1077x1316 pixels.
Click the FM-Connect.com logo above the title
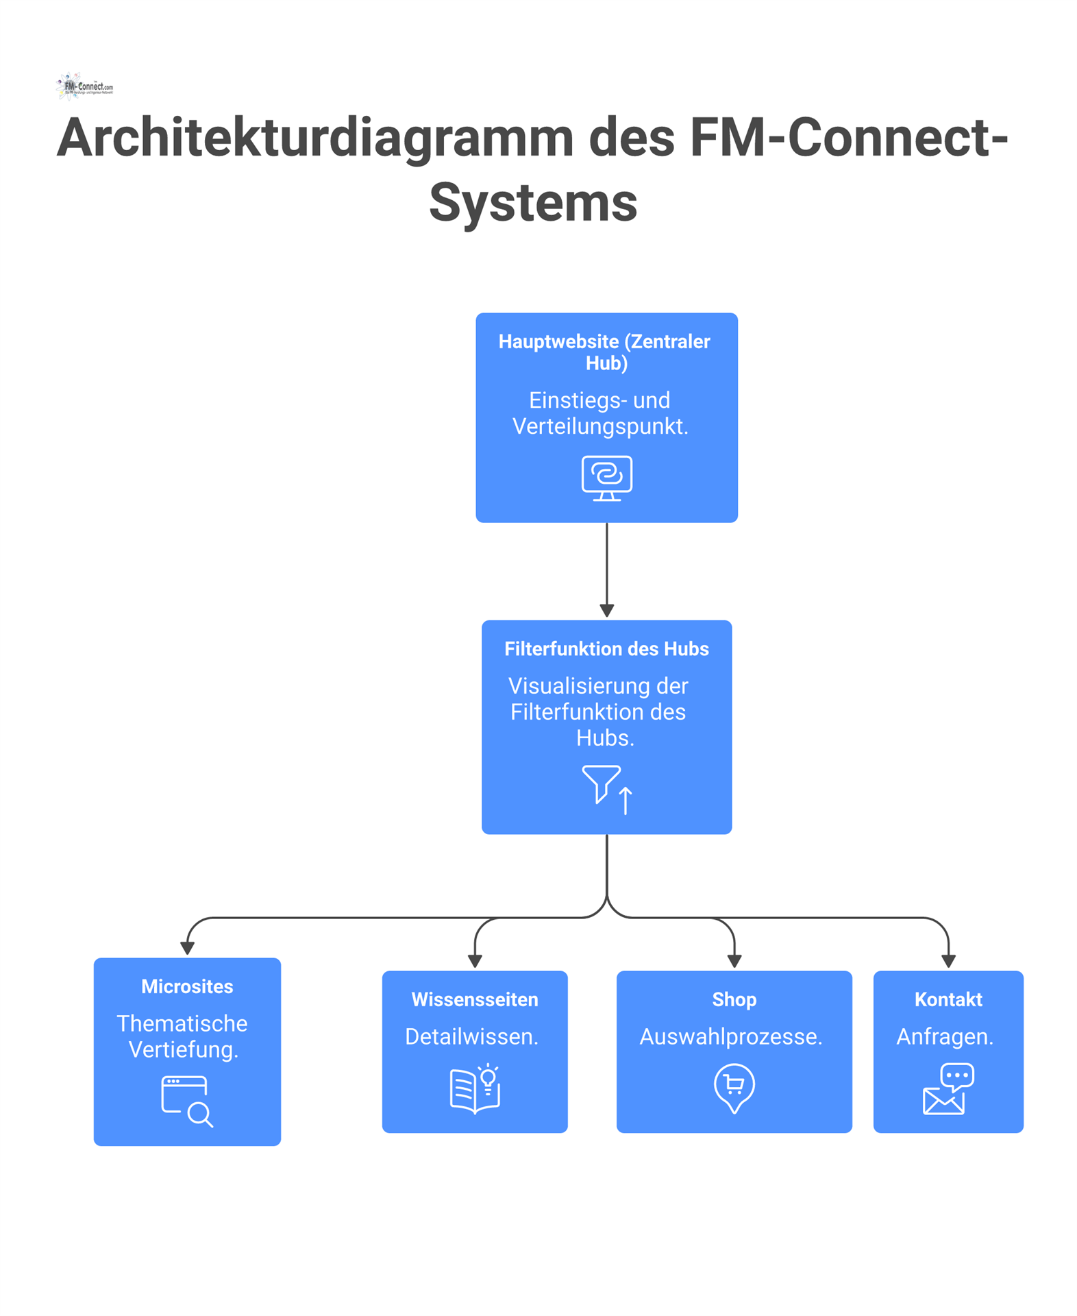point(85,86)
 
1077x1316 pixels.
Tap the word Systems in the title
point(533,202)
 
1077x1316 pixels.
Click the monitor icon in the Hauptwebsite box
point(606,478)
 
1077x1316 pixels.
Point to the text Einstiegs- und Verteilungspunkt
point(600,413)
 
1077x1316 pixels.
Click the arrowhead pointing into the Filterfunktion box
point(606,610)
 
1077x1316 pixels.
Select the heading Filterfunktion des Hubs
point(606,648)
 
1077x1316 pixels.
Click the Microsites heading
point(187,986)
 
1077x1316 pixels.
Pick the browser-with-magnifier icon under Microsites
point(186,1100)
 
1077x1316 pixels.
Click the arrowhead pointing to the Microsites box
point(187,949)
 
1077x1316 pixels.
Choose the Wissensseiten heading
point(475,999)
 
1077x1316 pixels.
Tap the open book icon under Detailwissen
point(474,1088)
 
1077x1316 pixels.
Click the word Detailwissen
point(471,1036)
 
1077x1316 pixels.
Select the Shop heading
point(734,999)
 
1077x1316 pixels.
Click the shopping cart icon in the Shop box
point(734,1086)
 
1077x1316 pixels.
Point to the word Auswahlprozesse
point(731,1036)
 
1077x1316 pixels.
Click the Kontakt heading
point(948,999)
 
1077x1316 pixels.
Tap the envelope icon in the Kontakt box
point(943,1099)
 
